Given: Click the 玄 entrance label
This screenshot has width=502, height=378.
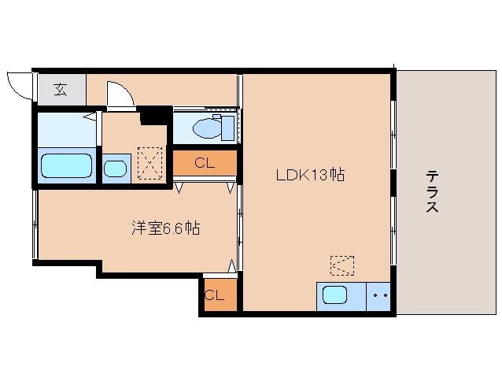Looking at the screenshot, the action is tap(60, 90).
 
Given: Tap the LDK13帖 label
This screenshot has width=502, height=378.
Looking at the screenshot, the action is tap(310, 175).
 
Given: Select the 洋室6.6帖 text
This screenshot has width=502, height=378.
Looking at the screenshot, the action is tap(166, 228).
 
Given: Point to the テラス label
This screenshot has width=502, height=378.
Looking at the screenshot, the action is tap(432, 191).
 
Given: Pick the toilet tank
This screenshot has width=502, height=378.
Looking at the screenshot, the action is tap(227, 128).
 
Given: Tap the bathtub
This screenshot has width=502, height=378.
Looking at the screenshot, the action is tap(67, 165).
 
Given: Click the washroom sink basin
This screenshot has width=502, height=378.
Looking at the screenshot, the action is tap(115, 169).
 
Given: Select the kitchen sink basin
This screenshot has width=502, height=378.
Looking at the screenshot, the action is tap(334, 295).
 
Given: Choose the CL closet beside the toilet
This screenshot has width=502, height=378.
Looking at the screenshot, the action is tap(205, 163).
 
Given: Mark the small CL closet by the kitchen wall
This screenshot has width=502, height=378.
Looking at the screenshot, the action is tap(220, 295).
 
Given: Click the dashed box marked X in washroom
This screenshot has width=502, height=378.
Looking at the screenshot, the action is tap(149, 163).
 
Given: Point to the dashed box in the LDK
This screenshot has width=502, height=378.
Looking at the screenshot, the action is tap(342, 265).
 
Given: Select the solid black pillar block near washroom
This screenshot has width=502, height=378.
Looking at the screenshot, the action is tap(155, 115).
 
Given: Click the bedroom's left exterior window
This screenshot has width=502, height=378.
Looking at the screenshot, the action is tap(35, 224).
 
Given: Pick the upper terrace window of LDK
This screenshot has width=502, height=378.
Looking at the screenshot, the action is tap(393, 135).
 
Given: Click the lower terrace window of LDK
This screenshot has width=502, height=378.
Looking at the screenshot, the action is tap(393, 231).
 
